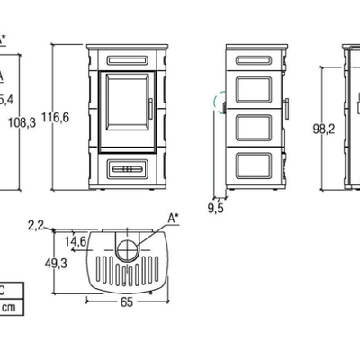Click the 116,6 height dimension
(x=55, y=117)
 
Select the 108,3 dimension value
(x=22, y=122)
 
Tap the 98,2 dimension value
(x=324, y=130)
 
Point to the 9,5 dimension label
(x=216, y=209)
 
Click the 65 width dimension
(x=127, y=302)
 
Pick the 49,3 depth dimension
(x=56, y=264)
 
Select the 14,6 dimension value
(x=76, y=241)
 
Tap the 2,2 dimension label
(x=36, y=225)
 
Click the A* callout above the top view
(x=173, y=218)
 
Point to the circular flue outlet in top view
(x=127, y=249)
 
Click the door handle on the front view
(x=150, y=109)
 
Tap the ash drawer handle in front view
(x=128, y=169)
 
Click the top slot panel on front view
(x=128, y=60)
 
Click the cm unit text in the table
(x=9, y=307)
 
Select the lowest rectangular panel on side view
(x=254, y=166)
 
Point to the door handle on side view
(x=287, y=108)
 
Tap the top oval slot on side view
(x=254, y=60)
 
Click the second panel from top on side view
(x=254, y=90)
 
